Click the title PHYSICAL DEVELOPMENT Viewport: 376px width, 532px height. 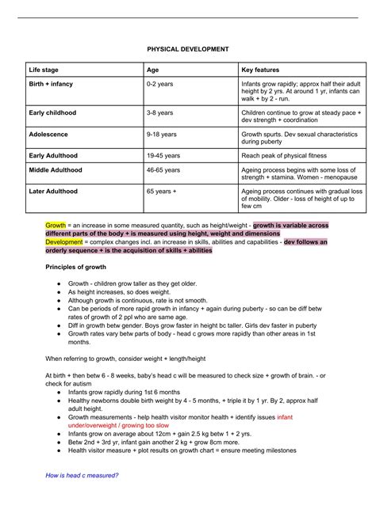tap(188, 49)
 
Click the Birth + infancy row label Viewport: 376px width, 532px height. tap(52, 84)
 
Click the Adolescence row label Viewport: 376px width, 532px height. tap(48, 135)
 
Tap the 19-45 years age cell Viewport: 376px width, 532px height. tap(163, 156)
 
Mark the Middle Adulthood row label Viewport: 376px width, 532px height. tap(56, 170)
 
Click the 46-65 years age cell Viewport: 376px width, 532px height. tap(163, 170)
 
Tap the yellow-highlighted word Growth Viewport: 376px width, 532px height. tap(56, 226)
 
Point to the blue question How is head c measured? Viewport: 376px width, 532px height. tap(82, 475)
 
